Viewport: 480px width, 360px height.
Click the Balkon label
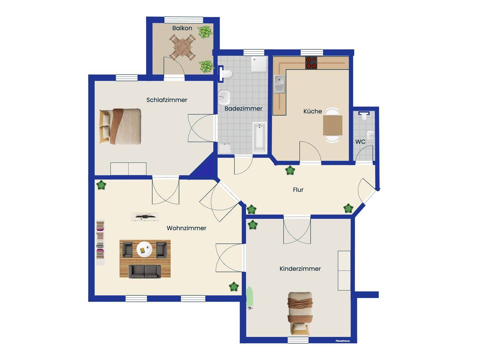pos(182,28)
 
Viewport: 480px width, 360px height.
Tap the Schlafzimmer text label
pos(167,100)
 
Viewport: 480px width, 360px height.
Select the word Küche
pos(312,111)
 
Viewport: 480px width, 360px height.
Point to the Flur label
pos(298,190)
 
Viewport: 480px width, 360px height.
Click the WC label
pos(360,142)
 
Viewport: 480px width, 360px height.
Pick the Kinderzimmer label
pos(300,269)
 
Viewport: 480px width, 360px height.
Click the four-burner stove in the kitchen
pos(311,63)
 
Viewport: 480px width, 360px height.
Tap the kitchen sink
pos(279,84)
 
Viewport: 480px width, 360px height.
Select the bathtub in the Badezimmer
pos(260,138)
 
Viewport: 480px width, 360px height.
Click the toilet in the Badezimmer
pos(226,74)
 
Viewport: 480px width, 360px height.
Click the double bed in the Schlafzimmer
pos(120,126)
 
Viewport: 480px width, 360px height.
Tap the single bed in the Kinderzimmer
pos(300,313)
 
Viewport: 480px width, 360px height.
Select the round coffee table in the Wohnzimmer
pos(144,249)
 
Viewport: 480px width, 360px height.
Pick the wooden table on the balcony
pos(182,48)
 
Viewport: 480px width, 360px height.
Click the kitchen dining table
pos(333,125)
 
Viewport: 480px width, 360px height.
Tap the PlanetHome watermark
pos(342,341)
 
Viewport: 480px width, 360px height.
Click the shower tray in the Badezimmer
pos(259,64)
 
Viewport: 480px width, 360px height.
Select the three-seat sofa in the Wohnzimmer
pos(145,271)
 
